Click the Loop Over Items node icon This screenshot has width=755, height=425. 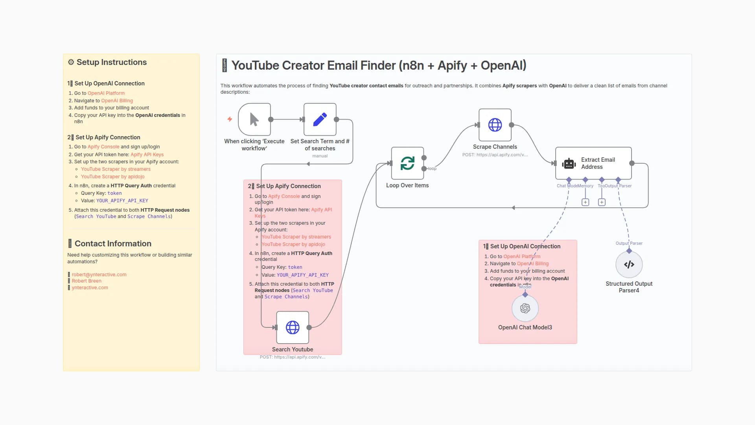pos(407,163)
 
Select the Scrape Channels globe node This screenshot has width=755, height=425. pos(495,125)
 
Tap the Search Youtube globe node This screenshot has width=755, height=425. pos(293,327)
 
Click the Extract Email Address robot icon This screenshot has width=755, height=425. pos(569,163)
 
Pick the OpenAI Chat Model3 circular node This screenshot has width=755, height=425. pos(525,308)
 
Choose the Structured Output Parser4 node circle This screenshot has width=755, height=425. pos(629,264)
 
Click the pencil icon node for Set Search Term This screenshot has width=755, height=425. pos(320,119)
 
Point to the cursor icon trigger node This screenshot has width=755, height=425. pos(254,119)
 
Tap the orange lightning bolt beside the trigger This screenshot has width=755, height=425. pos(230,119)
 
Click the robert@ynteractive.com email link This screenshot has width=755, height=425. pos(99,275)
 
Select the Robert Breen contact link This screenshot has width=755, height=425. pos(87,281)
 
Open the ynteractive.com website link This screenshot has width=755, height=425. pos(90,288)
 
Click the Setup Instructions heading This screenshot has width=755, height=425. pos(111,62)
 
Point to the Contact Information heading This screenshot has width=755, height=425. pos(113,244)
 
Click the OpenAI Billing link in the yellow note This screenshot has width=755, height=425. pos(117,101)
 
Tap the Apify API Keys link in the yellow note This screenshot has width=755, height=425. pos(147,155)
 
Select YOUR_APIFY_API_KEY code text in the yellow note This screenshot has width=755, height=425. pos(122,201)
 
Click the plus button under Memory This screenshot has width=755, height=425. pos(585,202)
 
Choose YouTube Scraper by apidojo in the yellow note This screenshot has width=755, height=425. pos(112,177)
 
